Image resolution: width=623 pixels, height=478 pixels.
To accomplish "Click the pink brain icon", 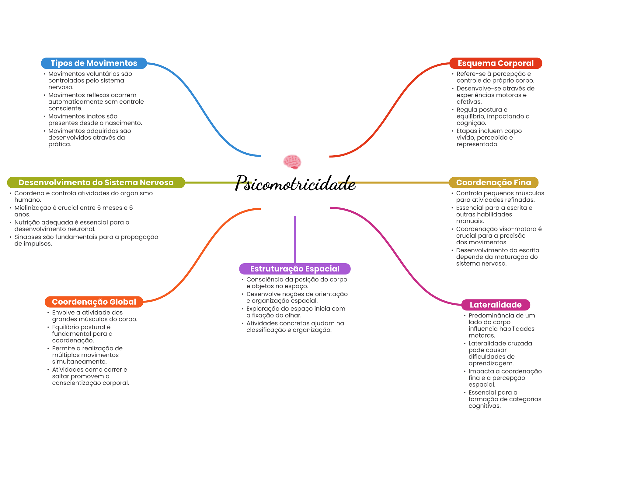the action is click(x=292, y=162).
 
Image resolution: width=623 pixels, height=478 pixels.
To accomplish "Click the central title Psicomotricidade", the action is click(x=295, y=183).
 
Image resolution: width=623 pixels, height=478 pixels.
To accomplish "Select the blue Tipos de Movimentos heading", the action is click(x=94, y=63).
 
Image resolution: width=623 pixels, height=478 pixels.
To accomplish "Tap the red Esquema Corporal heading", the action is click(x=496, y=63).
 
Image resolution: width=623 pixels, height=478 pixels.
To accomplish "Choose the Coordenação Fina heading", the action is click(x=493, y=182).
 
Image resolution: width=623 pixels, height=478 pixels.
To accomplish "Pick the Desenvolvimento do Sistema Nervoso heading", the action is click(x=96, y=182).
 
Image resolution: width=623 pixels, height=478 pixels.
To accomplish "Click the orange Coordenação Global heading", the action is click(x=94, y=302).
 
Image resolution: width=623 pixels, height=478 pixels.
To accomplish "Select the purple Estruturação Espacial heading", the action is click(x=295, y=269).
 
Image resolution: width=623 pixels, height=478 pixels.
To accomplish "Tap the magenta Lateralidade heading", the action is click(x=496, y=305).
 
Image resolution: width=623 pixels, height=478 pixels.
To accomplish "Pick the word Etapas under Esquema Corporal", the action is click(x=466, y=131).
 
